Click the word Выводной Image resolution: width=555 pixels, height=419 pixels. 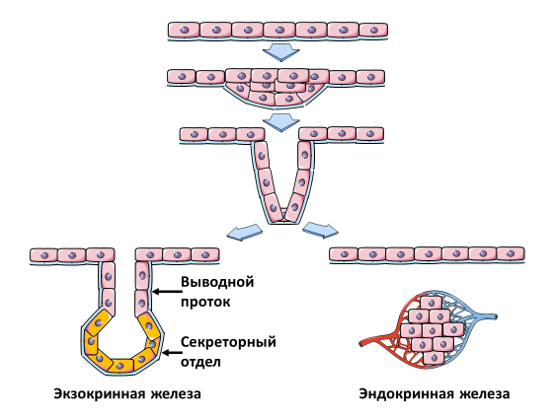tap(217, 282)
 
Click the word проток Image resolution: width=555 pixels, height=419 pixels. tap(205, 302)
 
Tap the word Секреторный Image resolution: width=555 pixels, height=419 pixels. tap(228, 342)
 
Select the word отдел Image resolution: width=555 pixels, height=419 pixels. tap(200, 362)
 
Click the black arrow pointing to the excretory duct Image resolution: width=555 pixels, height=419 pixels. tap(167, 292)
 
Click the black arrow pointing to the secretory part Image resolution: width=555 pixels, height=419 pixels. tap(173, 352)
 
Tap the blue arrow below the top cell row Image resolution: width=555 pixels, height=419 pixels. tap(281, 52)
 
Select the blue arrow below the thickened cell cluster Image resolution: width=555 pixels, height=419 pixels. tap(281, 122)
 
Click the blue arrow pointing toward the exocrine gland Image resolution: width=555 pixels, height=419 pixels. tap(244, 232)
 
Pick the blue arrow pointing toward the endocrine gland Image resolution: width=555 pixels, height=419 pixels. tap(320, 230)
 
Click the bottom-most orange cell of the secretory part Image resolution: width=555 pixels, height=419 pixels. tap(120, 365)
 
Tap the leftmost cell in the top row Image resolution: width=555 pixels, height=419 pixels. tap(184, 30)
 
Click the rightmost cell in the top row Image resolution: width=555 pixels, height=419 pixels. tap(373, 30)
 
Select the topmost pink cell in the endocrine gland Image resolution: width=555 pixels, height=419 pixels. tap(432, 303)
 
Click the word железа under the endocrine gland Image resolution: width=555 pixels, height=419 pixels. tap(484, 393)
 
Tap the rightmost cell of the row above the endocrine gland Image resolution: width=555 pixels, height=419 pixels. tap(511, 253)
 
